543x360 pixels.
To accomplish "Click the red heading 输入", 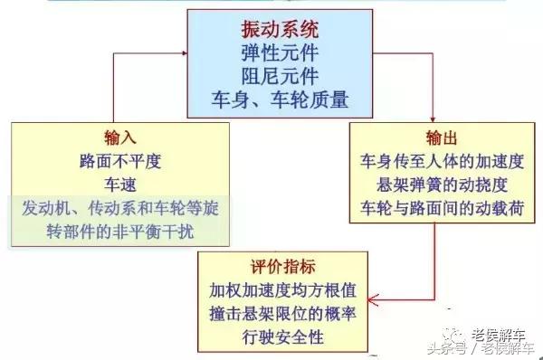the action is [x=119, y=138].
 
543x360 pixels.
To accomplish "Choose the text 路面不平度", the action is [x=119, y=163].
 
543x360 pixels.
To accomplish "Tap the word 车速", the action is [x=119, y=185].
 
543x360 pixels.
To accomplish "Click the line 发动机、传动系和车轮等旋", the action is [x=119, y=208].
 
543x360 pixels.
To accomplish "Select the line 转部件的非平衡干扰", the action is [x=119, y=231].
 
